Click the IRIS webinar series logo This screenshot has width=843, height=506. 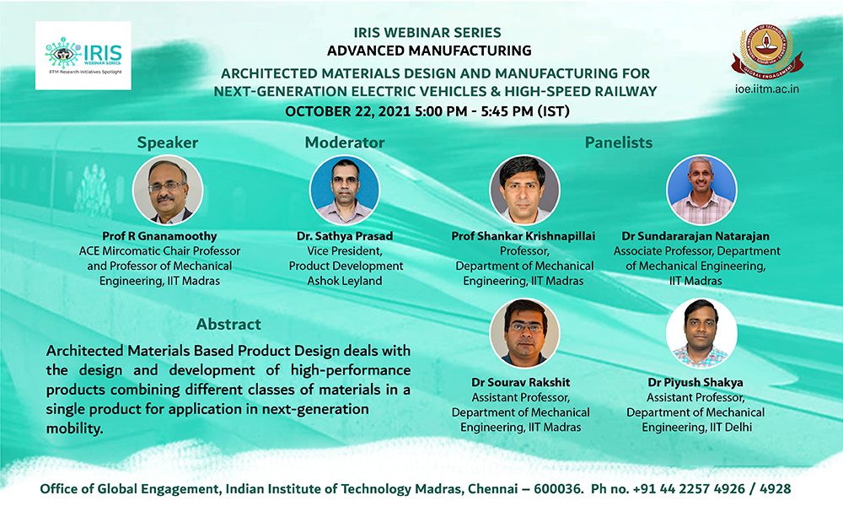(83, 56)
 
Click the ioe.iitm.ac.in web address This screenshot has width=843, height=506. (766, 89)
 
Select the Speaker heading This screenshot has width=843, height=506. (167, 143)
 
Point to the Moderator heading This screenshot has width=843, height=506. (345, 143)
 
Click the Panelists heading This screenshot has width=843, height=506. (618, 143)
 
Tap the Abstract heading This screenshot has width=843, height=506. (228, 324)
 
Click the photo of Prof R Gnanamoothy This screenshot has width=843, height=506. (168, 190)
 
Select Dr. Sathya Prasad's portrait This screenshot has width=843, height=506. (345, 190)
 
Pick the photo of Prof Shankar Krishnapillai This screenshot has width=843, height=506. (524, 190)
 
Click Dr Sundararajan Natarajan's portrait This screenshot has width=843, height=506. (701, 190)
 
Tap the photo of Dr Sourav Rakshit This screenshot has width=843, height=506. (524, 333)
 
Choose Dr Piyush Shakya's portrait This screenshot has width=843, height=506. (701, 333)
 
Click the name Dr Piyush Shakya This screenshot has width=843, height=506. (695, 382)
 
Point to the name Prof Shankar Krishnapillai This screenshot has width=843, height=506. (524, 236)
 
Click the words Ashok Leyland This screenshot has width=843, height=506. (345, 281)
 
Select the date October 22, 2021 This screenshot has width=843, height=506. (348, 111)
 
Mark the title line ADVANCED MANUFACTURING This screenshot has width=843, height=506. (429, 51)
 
